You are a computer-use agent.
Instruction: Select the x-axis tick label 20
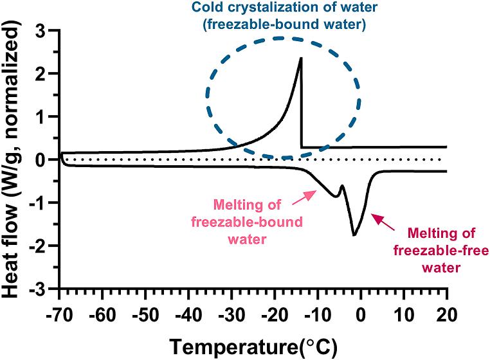tap(446, 315)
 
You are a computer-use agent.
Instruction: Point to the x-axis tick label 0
tap(361, 315)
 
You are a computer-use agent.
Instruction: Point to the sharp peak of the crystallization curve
tap(301, 59)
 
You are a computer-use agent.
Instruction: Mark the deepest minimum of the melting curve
tap(354, 235)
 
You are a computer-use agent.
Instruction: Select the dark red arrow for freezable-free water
tap(385, 222)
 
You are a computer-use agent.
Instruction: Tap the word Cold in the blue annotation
tap(209, 9)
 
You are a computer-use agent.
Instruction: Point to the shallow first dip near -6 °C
tap(335, 195)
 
